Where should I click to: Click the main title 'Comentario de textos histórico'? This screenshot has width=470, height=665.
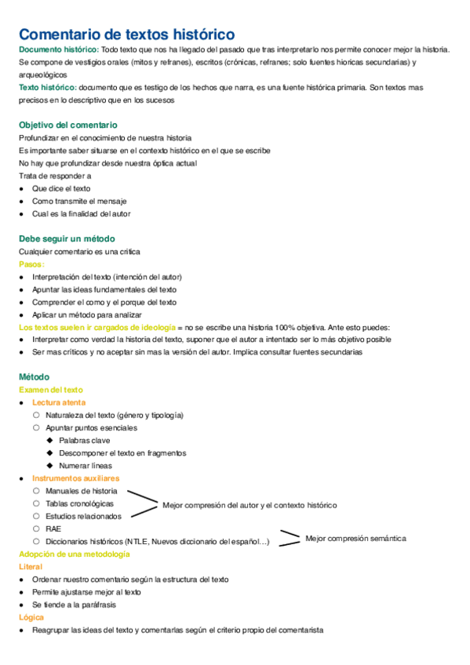pos(126,35)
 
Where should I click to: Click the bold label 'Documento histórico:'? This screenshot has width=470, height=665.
pos(58,49)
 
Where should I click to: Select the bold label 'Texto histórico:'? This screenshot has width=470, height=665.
pos(47,87)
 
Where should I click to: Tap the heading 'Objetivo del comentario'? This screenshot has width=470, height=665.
pos(68,125)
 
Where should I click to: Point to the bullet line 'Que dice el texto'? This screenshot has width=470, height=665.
pos(61,188)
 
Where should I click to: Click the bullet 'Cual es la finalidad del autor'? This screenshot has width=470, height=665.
pos(81,213)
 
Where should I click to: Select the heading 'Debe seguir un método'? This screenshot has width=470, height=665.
pos(67,238)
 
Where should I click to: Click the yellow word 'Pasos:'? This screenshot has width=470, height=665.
pos(31,264)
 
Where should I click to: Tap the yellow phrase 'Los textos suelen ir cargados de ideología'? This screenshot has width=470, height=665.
pos(92,327)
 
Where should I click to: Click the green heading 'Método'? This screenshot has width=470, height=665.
pos(34,376)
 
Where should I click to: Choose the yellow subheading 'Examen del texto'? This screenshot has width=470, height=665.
pos(51,390)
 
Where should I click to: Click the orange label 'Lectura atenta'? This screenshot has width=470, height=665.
pos(64,402)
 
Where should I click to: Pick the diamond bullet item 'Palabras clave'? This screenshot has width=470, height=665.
pos(84,440)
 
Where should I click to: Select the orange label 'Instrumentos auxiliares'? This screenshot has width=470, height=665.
pos(76,478)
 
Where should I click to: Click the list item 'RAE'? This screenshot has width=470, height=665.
pos(53,529)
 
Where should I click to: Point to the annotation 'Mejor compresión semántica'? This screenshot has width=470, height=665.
pos(356,539)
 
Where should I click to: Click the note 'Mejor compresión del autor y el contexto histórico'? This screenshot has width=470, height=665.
pos(249,505)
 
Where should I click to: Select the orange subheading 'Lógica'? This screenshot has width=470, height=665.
pos(31,617)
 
